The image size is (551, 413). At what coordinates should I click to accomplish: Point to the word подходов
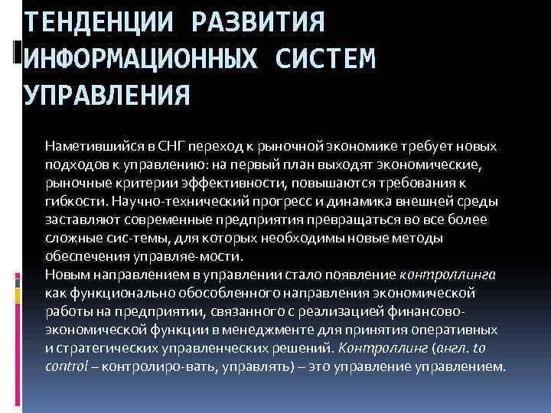pyautogui.click(x=73, y=164)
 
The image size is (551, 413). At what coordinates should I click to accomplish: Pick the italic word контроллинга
pyautogui.click(x=448, y=275)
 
